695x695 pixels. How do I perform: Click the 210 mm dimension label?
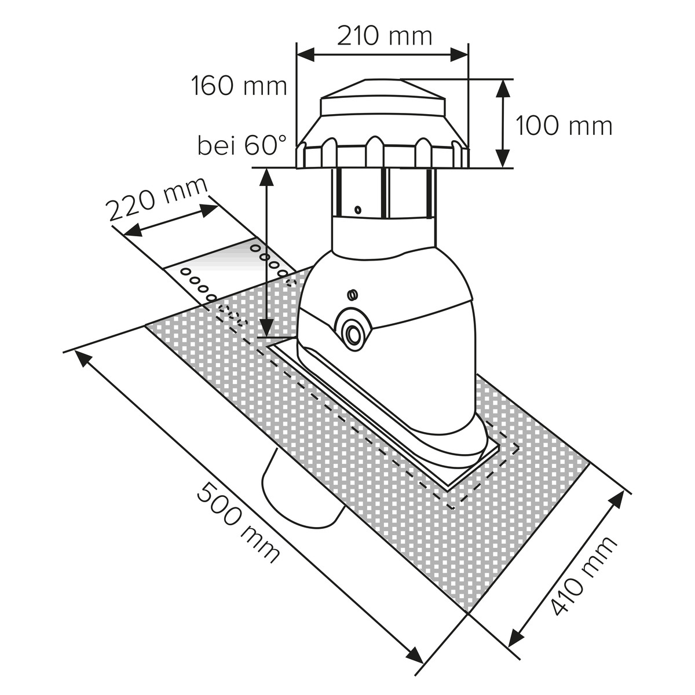(385, 36)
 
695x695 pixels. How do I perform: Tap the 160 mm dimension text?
(239, 86)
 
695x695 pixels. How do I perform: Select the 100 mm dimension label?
(564, 126)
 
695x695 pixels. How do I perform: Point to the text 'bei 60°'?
(242, 145)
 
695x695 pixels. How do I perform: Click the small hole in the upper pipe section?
(358, 210)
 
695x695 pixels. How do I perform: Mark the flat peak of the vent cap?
(382, 81)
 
